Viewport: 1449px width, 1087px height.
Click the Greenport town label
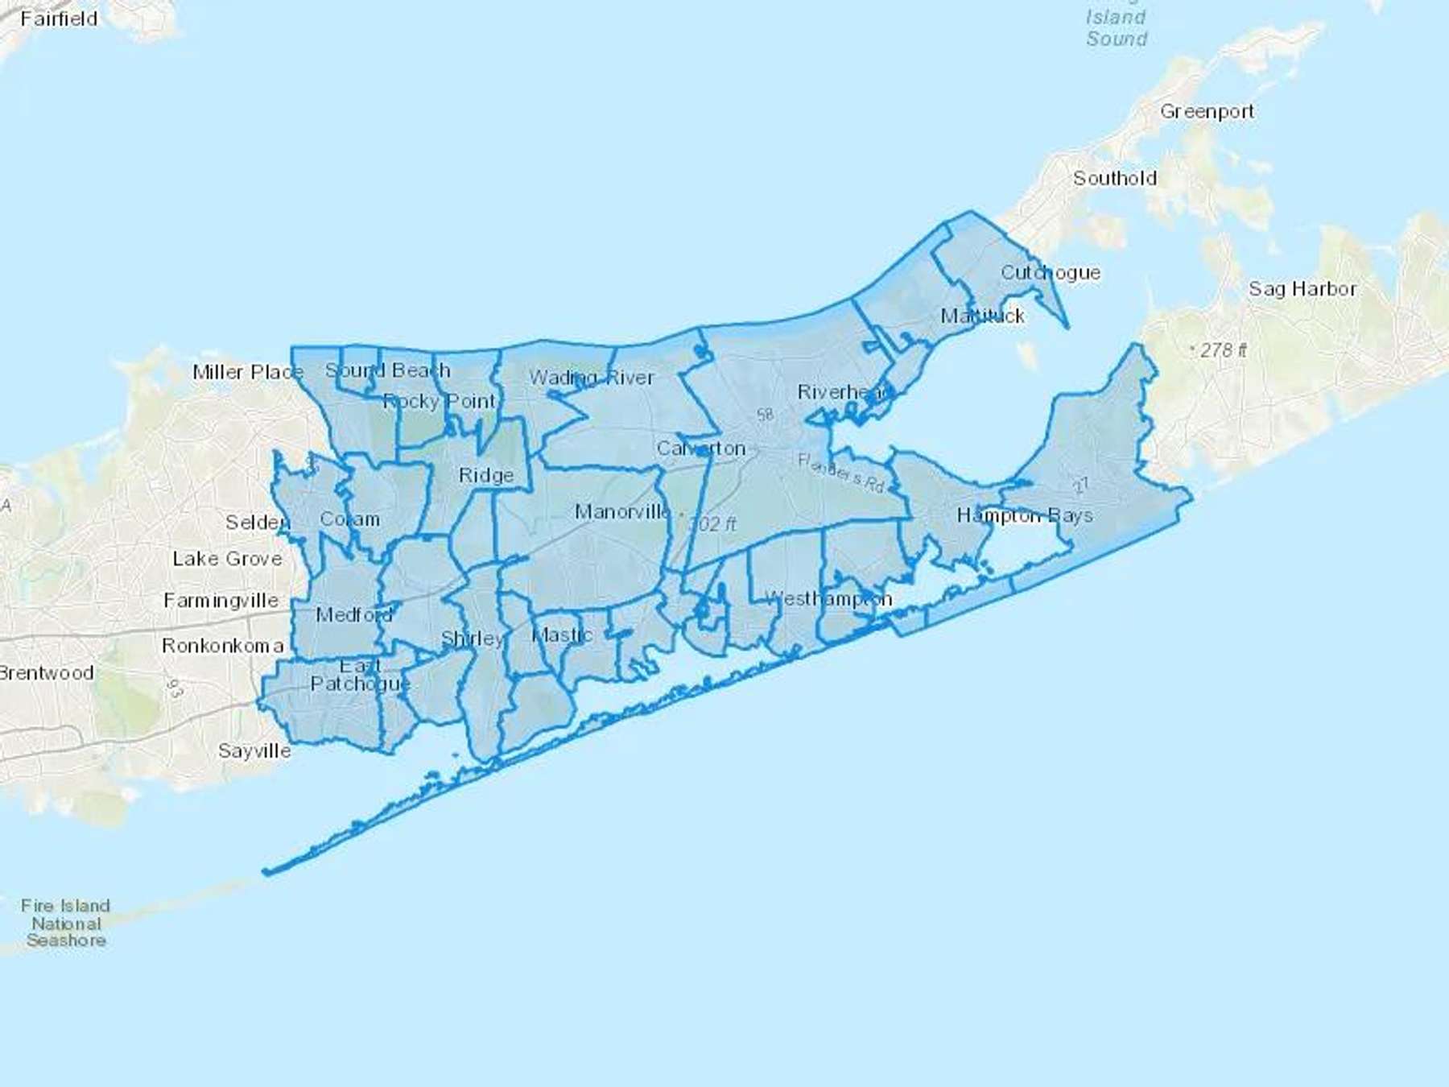[1207, 112]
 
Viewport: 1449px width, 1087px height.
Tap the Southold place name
[1115, 178]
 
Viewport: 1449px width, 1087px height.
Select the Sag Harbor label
[1302, 288]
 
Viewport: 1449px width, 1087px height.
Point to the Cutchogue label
[1050, 273]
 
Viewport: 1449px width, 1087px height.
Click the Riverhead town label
[844, 392]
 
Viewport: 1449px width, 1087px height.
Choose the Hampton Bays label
[1024, 515]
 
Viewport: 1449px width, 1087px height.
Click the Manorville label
[622, 511]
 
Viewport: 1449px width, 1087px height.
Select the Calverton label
[700, 448]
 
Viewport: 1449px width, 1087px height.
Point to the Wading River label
[592, 378]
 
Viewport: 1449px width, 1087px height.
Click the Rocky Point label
[440, 401]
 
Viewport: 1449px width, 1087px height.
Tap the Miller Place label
[248, 372]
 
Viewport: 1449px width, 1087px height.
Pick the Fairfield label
[59, 19]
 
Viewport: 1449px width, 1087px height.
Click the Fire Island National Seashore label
[66, 923]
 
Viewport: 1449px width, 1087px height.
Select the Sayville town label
[254, 750]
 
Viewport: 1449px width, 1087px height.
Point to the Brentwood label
[47, 673]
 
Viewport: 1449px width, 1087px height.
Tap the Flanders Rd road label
[840, 473]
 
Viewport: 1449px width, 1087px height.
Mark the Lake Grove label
[227, 559]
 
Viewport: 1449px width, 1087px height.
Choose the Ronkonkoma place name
[222, 646]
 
